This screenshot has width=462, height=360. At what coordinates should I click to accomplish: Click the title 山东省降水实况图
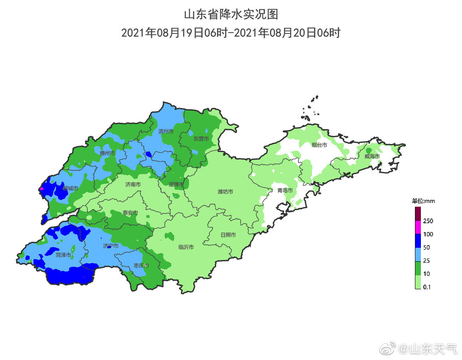pyautogui.click(x=231, y=14)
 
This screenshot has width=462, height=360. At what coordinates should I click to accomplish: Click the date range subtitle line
pyautogui.click(x=231, y=33)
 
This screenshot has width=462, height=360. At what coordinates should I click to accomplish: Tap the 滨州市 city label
pyautogui.click(x=166, y=132)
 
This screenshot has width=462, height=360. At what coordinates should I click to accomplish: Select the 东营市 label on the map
pyautogui.click(x=201, y=139)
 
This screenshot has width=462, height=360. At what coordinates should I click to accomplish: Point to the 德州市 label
pyautogui.click(x=107, y=153)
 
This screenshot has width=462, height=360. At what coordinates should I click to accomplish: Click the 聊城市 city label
pyautogui.click(x=70, y=188)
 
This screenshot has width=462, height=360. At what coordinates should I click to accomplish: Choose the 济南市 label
pyautogui.click(x=133, y=185)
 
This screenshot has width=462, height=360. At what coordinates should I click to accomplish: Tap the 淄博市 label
pyautogui.click(x=176, y=185)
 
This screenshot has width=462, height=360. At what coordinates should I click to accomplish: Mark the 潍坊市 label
pyautogui.click(x=225, y=192)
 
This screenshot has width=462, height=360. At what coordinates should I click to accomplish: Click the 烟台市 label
pyautogui.click(x=319, y=145)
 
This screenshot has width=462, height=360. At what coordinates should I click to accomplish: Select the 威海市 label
pyautogui.click(x=372, y=157)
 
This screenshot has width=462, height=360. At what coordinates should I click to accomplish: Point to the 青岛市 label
pyautogui.click(x=285, y=191)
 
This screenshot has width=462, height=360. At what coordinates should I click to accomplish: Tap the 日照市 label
pyautogui.click(x=228, y=235)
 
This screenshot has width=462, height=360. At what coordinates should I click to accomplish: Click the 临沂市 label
pyautogui.click(x=186, y=247)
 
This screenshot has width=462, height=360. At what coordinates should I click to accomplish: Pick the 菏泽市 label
pyautogui.click(x=64, y=255)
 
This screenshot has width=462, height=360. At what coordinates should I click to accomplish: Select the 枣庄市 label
pyautogui.click(x=141, y=266)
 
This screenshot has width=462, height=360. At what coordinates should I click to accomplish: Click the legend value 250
pyautogui.click(x=428, y=221)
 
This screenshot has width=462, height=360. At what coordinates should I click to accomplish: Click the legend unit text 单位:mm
pyautogui.click(x=423, y=201)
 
